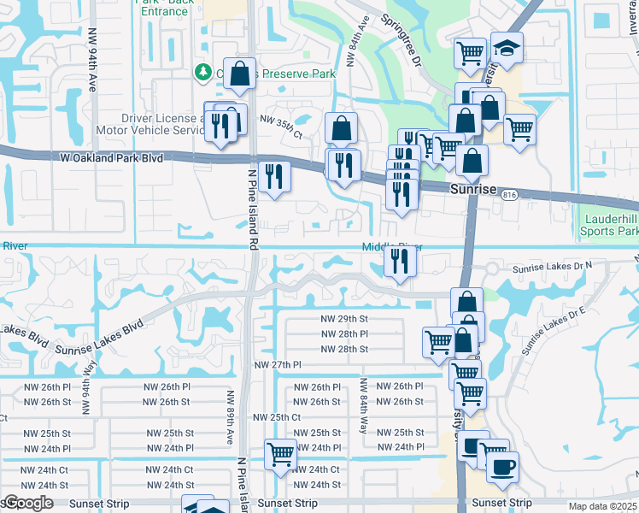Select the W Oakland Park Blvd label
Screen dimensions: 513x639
(111, 157)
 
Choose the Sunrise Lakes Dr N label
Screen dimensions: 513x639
(552, 268)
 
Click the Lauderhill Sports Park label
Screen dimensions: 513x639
(609, 225)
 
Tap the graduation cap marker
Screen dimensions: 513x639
(507, 50)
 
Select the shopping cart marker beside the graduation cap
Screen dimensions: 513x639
(471, 53)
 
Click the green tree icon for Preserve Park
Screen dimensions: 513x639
(203, 71)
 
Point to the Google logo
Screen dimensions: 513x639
(27, 504)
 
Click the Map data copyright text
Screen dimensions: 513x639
(602, 506)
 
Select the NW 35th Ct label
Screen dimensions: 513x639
(281, 128)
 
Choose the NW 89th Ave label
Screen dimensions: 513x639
(229, 416)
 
